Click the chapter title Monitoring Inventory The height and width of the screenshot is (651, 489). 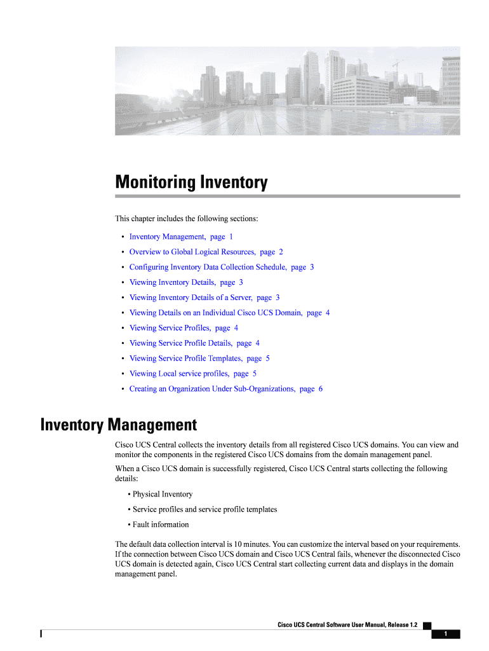pyautogui.click(x=191, y=183)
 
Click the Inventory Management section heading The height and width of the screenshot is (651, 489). pyautogui.click(x=119, y=424)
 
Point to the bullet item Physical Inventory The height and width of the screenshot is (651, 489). pyautogui.click(x=162, y=494)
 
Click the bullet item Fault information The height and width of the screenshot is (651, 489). pyautogui.click(x=161, y=524)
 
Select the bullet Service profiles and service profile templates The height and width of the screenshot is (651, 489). pyautogui.click(x=204, y=509)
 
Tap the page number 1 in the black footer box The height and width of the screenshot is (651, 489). pyautogui.click(x=446, y=634)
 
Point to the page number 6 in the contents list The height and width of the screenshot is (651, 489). pyautogui.click(x=321, y=388)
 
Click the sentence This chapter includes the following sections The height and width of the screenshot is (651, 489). pyautogui.click(x=187, y=219)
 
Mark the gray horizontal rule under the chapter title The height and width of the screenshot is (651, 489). pyautogui.click(x=287, y=196)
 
